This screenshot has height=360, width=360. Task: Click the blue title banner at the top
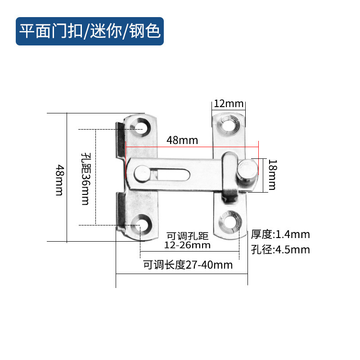(x=90, y=31)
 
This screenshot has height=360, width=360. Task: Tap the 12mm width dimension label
(x=228, y=103)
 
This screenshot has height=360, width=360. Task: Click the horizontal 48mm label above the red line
(x=182, y=140)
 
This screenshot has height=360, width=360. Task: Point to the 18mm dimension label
(x=272, y=175)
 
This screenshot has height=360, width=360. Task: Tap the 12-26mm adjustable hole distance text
(x=188, y=245)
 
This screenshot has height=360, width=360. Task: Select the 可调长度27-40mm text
(x=188, y=265)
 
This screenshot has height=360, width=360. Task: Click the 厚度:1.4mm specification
(x=280, y=234)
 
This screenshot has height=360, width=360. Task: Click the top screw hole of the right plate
(x=229, y=124)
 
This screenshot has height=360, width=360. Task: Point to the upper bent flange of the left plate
(x=120, y=139)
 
